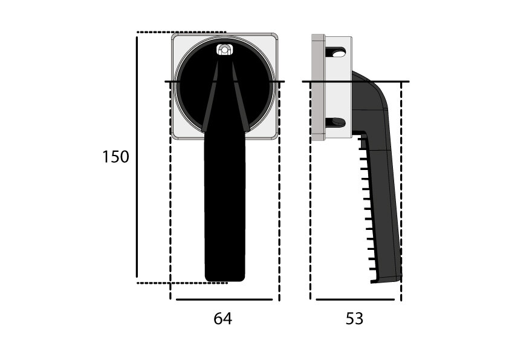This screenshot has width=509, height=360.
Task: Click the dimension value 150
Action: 115,157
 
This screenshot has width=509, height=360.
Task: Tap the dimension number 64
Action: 222,319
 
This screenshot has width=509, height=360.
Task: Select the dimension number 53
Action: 354,319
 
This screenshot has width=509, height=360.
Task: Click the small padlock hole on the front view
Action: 224,50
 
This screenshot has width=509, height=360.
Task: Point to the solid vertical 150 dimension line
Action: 137,157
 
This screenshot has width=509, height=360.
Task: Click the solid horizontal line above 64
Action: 224,299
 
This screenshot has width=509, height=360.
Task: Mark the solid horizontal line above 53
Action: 355,299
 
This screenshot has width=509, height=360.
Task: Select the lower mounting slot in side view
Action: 336,122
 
